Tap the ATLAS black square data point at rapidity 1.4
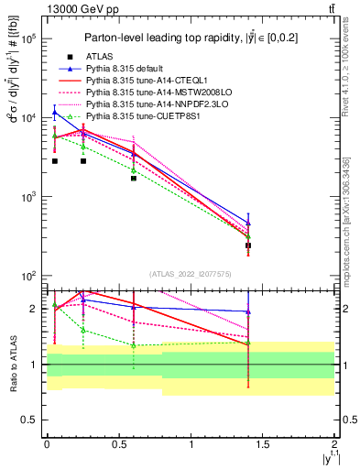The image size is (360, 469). [248, 245]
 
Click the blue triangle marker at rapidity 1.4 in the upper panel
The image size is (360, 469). [248, 223]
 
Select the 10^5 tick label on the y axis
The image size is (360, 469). [27, 38]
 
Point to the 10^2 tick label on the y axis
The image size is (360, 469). [27, 276]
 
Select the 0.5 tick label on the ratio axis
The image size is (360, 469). [27, 420]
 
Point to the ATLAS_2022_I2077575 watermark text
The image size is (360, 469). [191, 274]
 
